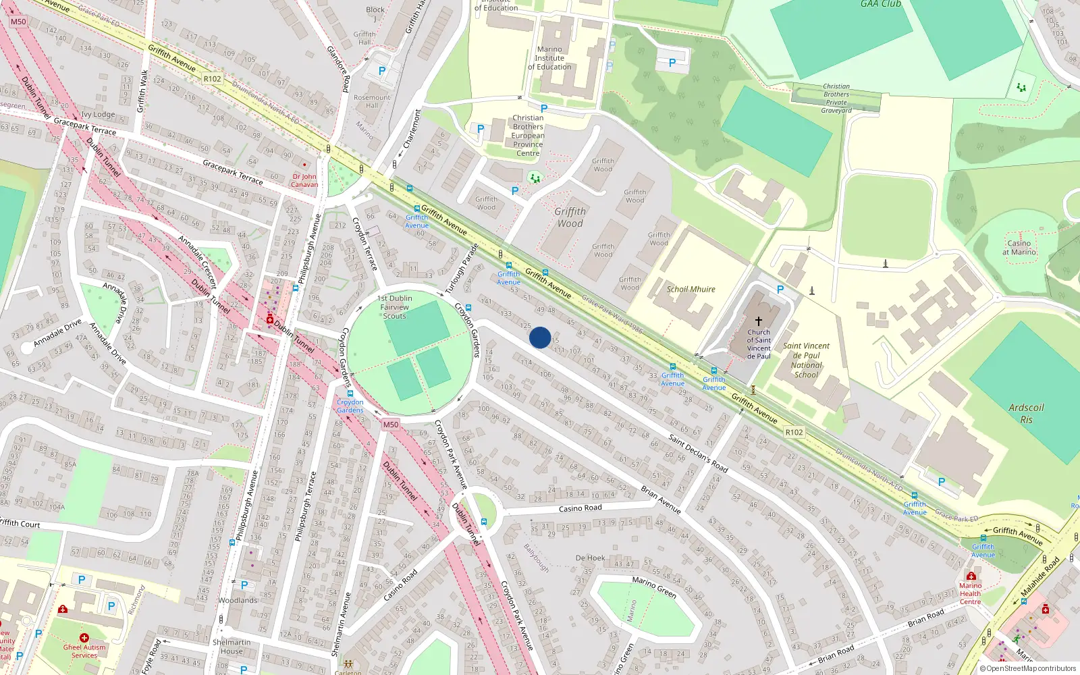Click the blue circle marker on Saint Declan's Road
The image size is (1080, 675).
point(540,337)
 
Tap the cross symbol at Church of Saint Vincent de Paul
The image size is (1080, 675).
point(758,321)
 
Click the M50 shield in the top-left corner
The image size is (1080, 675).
point(18,22)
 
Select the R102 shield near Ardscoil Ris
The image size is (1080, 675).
point(794,432)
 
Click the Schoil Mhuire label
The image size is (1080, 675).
point(691,290)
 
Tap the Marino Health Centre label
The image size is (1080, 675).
point(971,594)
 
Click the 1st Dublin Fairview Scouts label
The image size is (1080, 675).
point(395,307)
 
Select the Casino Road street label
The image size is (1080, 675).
point(580,508)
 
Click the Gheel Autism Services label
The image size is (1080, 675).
point(84,651)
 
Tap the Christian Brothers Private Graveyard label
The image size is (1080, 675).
point(836,99)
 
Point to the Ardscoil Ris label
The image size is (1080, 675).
point(1026,413)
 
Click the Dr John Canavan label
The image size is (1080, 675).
point(304,180)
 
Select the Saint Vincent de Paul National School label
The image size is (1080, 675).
point(806,360)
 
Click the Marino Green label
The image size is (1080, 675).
point(654,587)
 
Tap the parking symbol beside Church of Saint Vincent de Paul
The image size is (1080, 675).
point(780,290)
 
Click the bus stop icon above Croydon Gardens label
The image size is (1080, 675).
point(350,393)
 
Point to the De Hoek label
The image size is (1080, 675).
point(590,558)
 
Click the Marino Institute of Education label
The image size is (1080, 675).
point(549,58)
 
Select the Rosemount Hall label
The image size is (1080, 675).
point(372,101)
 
